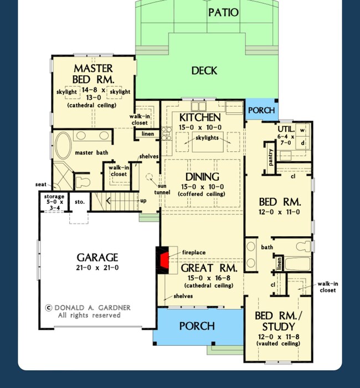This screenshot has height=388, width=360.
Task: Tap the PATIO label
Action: click(223, 13)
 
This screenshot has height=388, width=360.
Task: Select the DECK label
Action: click(204, 71)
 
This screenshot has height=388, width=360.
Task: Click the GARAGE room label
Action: click(97, 257)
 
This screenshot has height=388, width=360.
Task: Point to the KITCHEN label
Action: click(200, 118)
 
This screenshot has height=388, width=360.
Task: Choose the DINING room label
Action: click(202, 177)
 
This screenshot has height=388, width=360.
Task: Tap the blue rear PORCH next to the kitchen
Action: click(261, 110)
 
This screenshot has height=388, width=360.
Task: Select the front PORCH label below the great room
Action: click(197, 326)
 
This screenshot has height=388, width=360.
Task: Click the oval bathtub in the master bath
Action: click(63, 146)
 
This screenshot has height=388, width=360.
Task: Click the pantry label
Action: click(270, 157)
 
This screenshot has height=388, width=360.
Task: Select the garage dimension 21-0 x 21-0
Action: click(97, 268)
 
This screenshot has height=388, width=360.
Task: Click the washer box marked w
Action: click(302, 130)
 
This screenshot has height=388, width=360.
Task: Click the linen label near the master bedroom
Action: click(147, 134)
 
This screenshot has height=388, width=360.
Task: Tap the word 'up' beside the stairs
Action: click(143, 201)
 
